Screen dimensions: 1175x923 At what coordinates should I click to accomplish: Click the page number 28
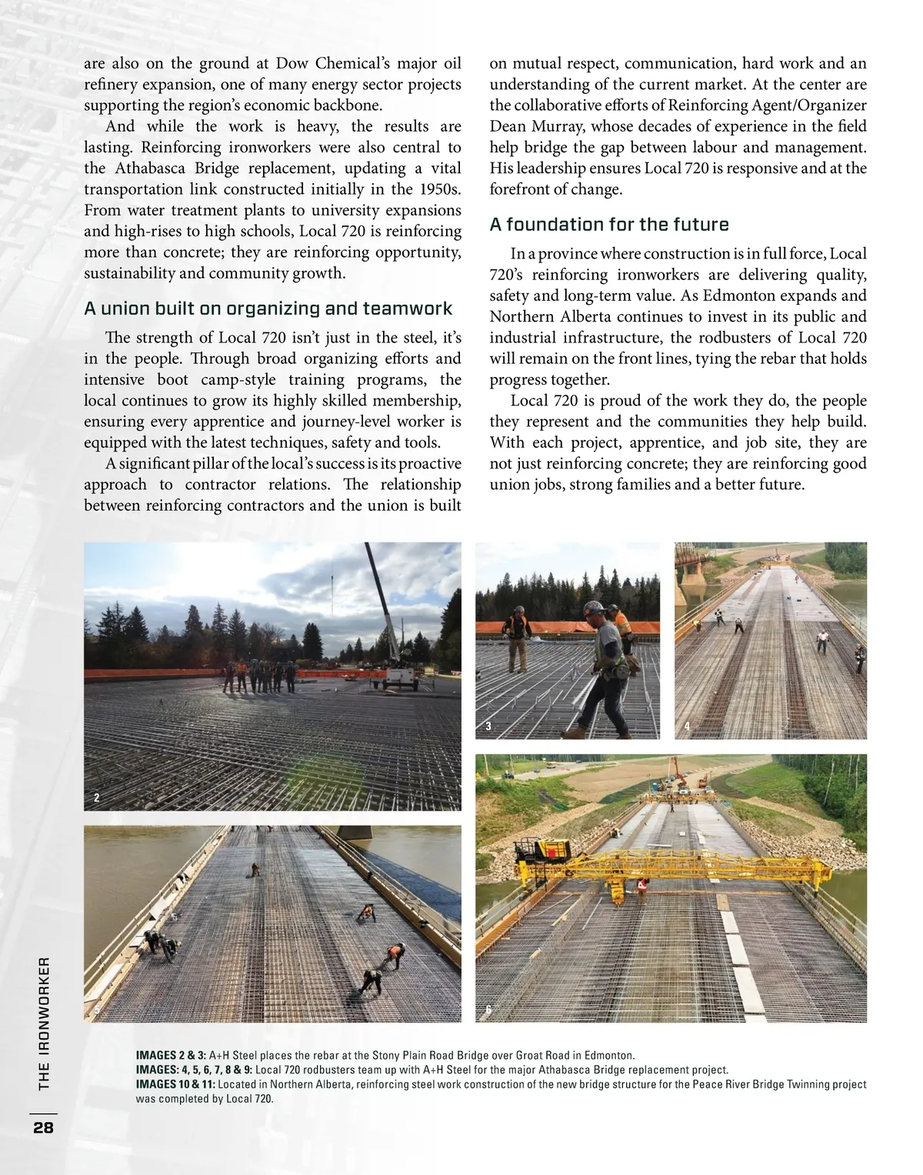tap(43, 1127)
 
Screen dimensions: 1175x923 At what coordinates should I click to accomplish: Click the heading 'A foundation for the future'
tap(609, 225)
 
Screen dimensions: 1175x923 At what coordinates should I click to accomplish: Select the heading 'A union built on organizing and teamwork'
tap(268, 309)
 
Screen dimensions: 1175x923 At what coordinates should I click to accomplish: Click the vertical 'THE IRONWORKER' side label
tap(44, 1023)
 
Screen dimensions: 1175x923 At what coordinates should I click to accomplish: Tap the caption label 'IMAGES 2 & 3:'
tap(171, 1056)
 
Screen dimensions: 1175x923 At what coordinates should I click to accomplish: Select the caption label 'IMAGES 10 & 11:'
tap(175, 1085)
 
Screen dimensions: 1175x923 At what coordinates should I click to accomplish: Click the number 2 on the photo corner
tap(96, 798)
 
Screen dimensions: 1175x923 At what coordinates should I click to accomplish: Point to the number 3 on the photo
tap(488, 726)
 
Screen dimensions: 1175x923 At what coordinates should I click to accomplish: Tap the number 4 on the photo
tap(687, 726)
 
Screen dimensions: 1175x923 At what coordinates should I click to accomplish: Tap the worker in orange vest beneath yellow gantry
tap(641, 887)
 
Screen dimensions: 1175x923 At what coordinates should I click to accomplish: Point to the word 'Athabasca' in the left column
tap(156, 169)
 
